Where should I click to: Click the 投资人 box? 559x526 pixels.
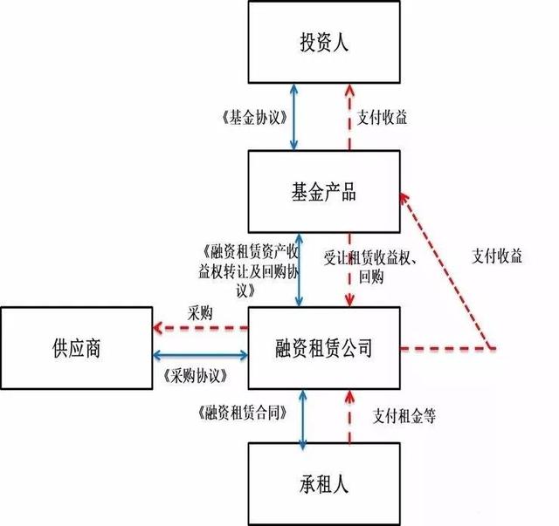[x=323, y=42]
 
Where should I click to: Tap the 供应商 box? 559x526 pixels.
[x=76, y=349]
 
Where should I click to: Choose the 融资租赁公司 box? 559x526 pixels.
[x=323, y=349]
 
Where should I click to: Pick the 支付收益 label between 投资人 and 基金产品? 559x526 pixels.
[x=383, y=116]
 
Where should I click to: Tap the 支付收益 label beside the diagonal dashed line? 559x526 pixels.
[x=496, y=256]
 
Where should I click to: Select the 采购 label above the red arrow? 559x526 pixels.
[x=201, y=312]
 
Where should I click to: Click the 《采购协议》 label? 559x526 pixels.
[x=195, y=375]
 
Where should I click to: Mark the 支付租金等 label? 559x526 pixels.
[x=404, y=415]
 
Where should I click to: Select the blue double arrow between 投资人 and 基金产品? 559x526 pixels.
[x=298, y=116]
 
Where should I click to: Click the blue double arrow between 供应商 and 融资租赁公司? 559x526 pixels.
[x=200, y=354]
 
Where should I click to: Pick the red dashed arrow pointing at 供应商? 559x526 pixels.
[x=200, y=327]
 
